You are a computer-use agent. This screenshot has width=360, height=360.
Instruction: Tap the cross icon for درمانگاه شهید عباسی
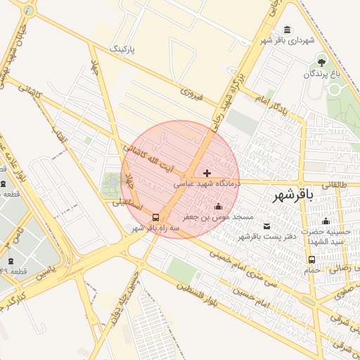click(x=207, y=173)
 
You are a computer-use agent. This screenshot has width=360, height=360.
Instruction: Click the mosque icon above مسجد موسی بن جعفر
click(x=218, y=207)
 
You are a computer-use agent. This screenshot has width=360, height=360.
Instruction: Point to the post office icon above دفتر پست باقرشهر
click(x=266, y=226)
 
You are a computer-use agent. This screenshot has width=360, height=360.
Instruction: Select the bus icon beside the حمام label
click(x=311, y=259)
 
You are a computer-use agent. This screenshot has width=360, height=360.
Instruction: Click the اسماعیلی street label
click(x=127, y=205)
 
